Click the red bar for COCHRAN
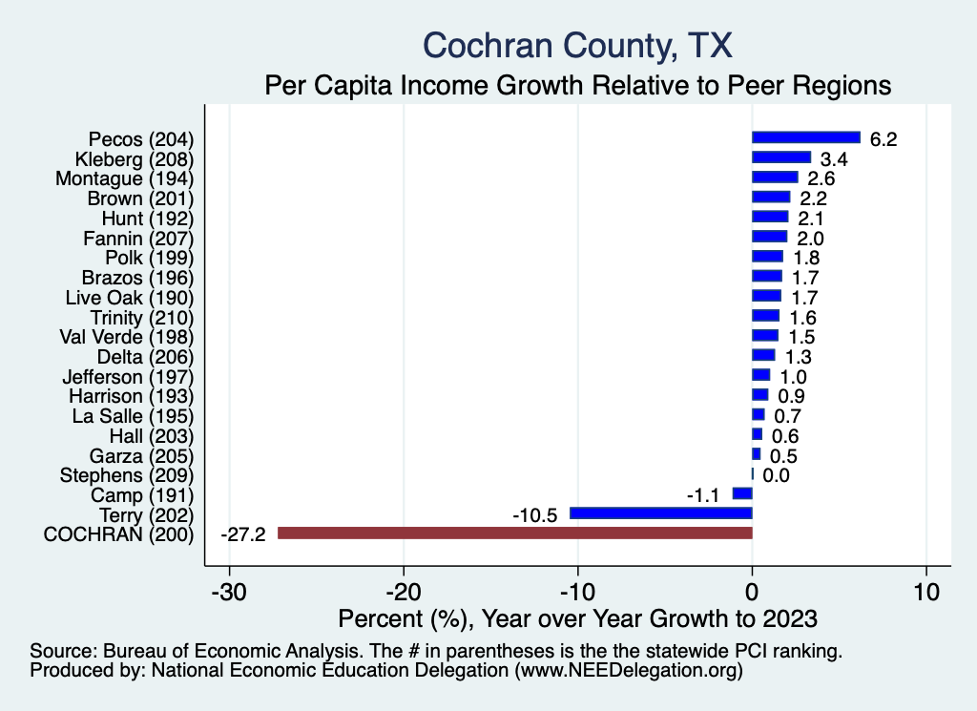[514, 533]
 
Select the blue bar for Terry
[660, 513]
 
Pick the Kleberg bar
[781, 157]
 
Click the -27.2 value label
[242, 533]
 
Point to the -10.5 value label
[535, 514]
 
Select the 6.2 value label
[884, 139]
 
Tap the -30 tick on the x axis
[229, 592]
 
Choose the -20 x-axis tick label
[403, 592]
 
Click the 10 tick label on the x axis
[925, 592]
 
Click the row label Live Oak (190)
[130, 297]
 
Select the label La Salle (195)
[133, 415]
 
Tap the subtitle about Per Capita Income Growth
[577, 85]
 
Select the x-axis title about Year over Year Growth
[577, 619]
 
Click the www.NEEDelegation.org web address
[627, 671]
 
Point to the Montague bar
[775, 178]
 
